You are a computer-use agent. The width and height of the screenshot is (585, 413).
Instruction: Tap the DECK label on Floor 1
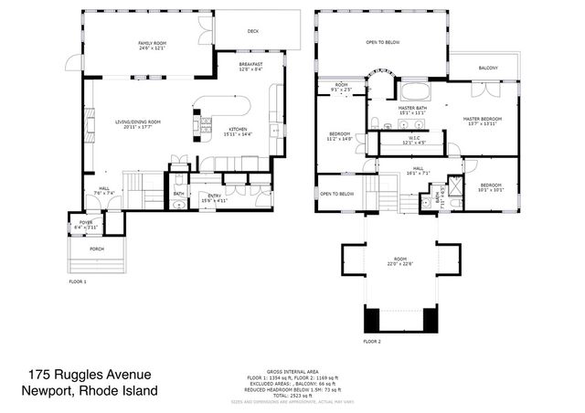253,31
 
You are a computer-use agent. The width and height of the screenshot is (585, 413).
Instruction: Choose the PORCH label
96,249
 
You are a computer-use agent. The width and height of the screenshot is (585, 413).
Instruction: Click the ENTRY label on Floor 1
214,196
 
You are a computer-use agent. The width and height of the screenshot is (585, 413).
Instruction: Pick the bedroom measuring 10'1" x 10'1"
492,188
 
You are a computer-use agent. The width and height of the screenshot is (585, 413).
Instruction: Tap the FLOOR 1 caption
78,282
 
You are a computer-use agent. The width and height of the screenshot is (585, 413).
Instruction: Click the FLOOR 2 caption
371,341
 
